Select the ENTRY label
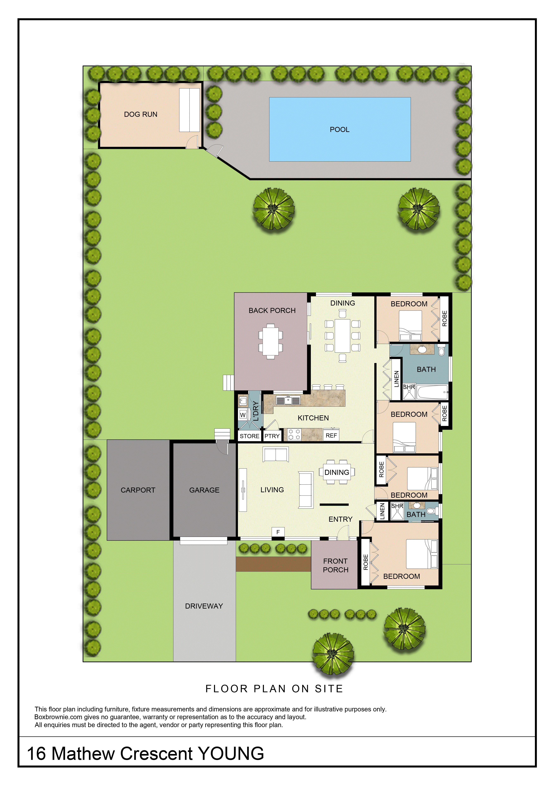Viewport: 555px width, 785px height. click(340, 519)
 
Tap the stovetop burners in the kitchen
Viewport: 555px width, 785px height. click(294, 434)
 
